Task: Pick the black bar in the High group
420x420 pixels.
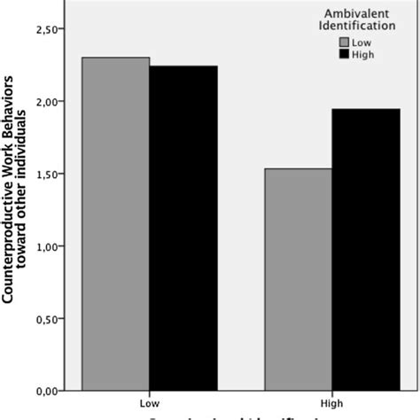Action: click(x=366, y=249)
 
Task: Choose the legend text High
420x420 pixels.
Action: click(x=365, y=54)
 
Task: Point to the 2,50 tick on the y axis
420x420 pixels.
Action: click(x=47, y=29)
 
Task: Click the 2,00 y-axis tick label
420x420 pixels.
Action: click(x=47, y=102)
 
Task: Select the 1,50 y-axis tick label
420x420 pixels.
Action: click(x=47, y=174)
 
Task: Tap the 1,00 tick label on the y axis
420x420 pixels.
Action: click(x=47, y=246)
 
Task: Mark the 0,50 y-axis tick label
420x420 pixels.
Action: click(x=47, y=318)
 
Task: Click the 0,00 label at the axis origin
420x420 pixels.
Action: click(x=47, y=390)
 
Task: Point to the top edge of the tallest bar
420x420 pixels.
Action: click(x=116, y=58)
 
